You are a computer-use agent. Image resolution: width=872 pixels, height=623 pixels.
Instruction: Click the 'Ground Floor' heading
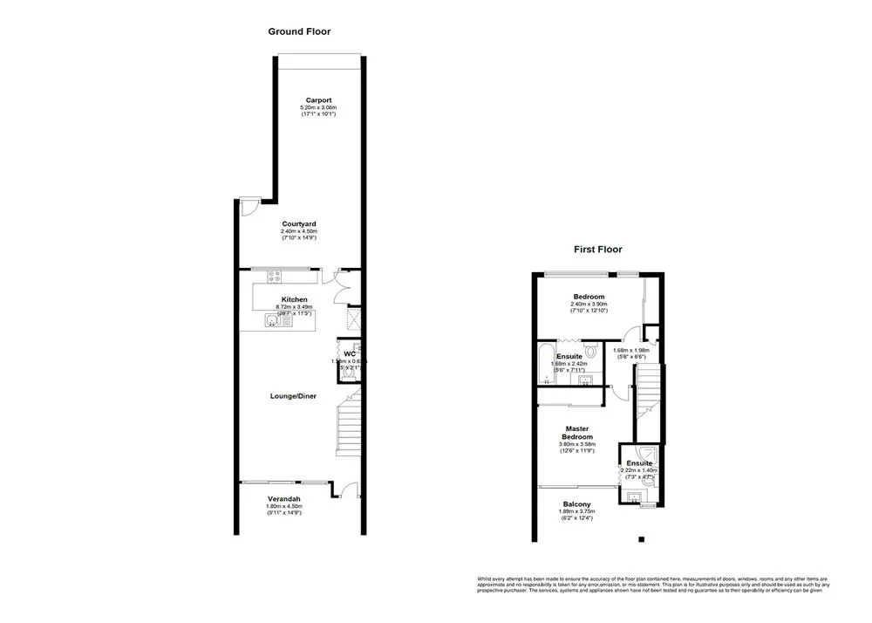pos(298,31)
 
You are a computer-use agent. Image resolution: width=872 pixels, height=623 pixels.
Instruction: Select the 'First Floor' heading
pos(597,249)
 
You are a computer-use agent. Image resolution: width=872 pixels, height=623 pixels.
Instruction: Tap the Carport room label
pos(318,99)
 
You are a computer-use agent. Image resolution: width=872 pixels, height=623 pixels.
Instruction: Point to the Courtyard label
pos(298,224)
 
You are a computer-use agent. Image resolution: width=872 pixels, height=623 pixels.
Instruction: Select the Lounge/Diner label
pos(293,395)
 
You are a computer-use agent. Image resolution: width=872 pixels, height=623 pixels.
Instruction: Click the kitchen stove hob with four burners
pos(274,277)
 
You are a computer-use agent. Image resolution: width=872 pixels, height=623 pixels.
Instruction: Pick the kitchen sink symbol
pos(275,322)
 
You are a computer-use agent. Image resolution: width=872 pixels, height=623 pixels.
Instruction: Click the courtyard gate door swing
pos(249,207)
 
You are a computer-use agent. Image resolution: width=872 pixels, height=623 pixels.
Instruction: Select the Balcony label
pos(576,504)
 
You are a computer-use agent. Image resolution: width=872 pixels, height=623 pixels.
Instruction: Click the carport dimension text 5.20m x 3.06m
pos(318,107)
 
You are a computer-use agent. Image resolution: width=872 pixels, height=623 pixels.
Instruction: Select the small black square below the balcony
pos(641,539)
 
